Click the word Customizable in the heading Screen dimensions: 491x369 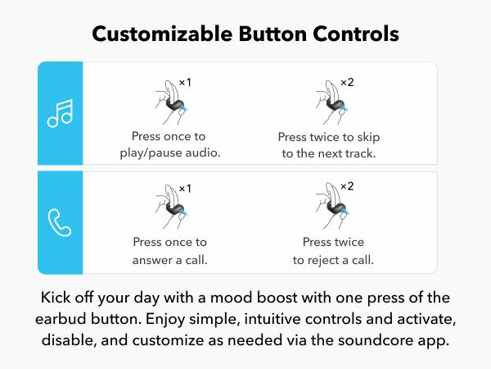point(162,34)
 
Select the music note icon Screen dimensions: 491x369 point(60,114)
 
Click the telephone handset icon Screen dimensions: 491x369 point(60,222)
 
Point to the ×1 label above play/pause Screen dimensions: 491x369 point(185,83)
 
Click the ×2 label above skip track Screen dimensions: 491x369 point(347,82)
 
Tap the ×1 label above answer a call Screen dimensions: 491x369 point(185,189)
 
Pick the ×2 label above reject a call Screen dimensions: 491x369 point(347,186)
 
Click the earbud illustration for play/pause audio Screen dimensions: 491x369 point(172,102)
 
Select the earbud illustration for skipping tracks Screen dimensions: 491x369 point(332,102)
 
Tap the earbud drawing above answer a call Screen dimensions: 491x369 point(172,207)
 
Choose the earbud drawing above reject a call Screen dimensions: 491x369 point(332,206)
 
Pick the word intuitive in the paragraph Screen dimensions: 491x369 point(273,319)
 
